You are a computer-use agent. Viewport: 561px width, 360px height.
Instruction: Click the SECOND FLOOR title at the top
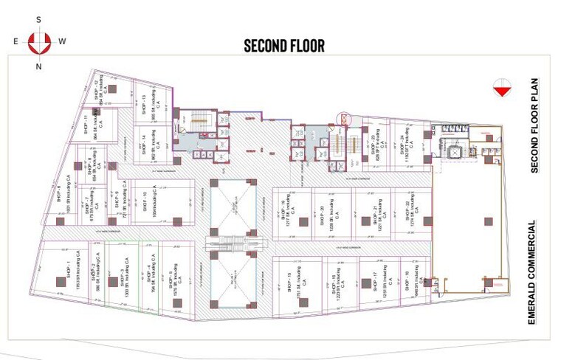pyautogui.click(x=284, y=46)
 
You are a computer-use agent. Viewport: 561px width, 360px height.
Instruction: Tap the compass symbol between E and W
pyautogui.click(x=38, y=42)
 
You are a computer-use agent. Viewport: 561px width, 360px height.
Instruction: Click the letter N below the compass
pyautogui.click(x=38, y=66)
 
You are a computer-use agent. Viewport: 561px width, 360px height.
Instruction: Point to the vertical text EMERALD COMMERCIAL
pyautogui.click(x=531, y=273)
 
